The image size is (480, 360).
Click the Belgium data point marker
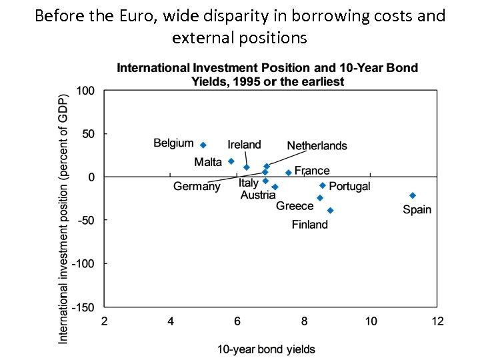point(203,145)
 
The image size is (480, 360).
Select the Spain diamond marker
point(413,195)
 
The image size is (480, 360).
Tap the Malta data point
point(231,161)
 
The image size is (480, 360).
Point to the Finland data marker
point(330,211)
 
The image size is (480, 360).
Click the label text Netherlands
point(317,146)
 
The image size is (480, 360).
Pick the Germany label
point(197,187)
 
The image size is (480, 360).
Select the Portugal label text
point(349,187)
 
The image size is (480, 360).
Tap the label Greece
point(295,206)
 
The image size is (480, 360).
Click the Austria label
point(258,195)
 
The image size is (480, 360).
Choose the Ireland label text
point(244,145)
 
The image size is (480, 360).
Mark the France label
point(312,171)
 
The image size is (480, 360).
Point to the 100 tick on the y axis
point(85,91)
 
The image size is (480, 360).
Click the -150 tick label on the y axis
point(84,307)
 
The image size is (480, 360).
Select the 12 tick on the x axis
point(437,321)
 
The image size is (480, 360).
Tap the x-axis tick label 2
point(104,321)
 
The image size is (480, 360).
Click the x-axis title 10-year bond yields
point(266,349)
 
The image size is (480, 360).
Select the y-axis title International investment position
point(63,218)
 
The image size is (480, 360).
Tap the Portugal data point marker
point(323,185)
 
